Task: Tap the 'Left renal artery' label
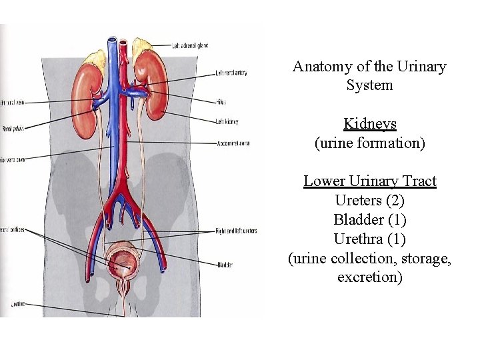tap(231, 73)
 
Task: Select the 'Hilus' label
tap(221, 102)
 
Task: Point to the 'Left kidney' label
tap(227, 122)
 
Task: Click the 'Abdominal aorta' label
tap(233, 143)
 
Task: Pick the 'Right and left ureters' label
tap(236, 231)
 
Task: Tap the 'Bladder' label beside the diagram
tap(225, 265)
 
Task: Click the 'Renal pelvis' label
tap(12, 128)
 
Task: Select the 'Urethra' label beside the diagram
tap(17, 304)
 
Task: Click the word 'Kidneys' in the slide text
tap(369, 124)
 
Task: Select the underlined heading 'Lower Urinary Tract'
tap(369, 181)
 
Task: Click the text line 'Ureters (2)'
tap(369, 200)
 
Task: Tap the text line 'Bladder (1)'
tap(369, 219)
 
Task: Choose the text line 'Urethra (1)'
tap(369, 239)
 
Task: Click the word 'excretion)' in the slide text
tap(369, 277)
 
